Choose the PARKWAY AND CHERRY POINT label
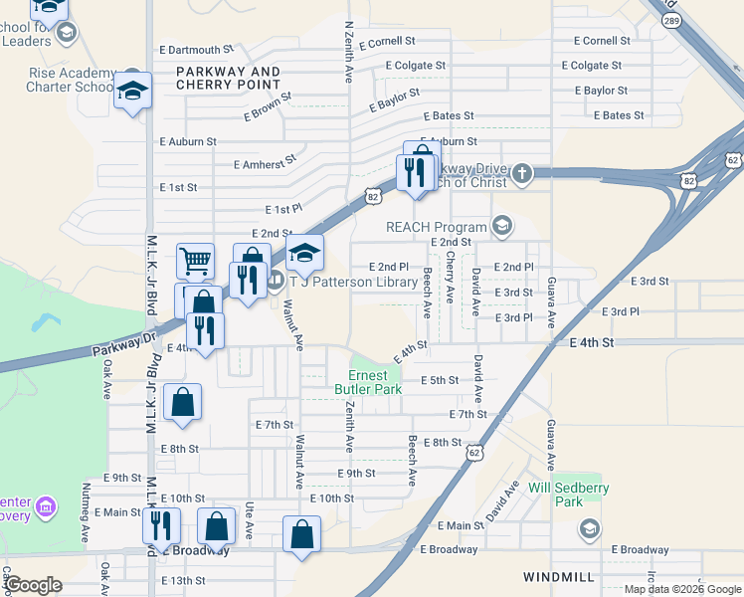coord(228,78)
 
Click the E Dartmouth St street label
coord(195,49)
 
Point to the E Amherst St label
coord(264,162)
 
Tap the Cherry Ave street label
coord(450,277)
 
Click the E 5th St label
coord(440,380)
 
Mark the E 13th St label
coord(182,580)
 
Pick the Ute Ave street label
coord(250,520)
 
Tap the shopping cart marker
coord(195,261)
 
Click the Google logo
coord(32,585)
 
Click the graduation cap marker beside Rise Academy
coord(131,92)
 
